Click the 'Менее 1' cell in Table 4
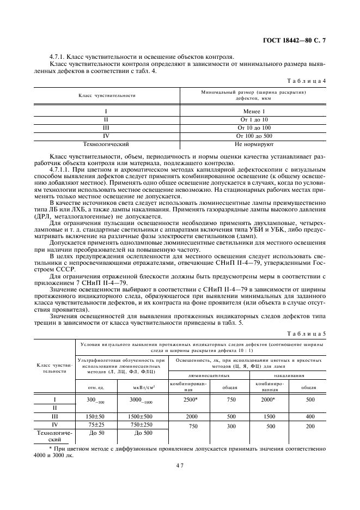[254, 111]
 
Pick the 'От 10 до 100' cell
[254, 127]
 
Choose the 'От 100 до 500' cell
[254, 135]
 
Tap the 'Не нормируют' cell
[254, 144]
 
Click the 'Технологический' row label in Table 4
[106, 144]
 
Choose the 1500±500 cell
[142, 416]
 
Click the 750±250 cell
[142, 424]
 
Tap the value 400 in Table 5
[310, 416]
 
